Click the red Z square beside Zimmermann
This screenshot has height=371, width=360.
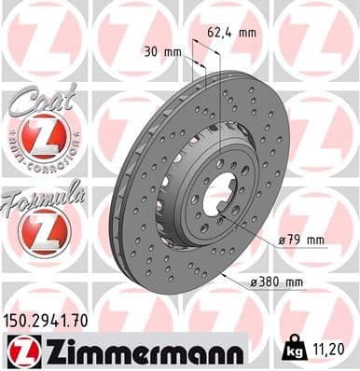tap(21, 350)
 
